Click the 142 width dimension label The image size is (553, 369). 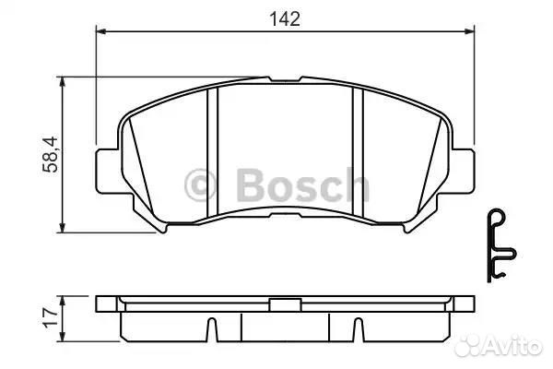coord(285,18)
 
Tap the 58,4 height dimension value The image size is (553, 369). coord(50,154)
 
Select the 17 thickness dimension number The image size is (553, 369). coord(50,317)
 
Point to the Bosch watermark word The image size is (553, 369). coord(302,184)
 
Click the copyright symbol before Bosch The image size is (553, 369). coord(200,184)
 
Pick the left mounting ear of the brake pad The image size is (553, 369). coord(108,172)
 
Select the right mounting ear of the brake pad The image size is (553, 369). coord(463,172)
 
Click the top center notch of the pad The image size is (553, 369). coord(285,79)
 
